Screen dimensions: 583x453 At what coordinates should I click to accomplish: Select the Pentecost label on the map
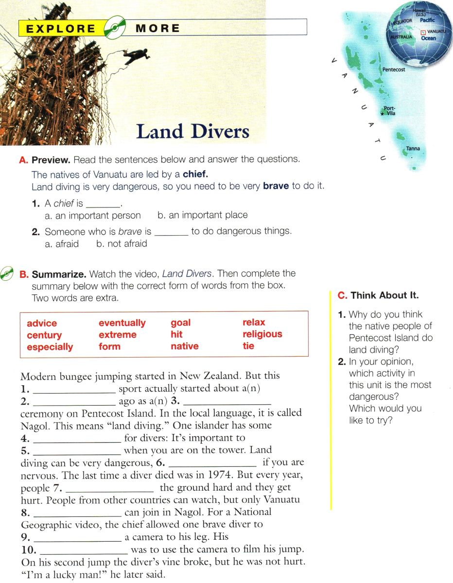click(393, 69)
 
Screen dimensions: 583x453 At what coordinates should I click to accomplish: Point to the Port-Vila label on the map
click(390, 111)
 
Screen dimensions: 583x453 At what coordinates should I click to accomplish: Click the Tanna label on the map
click(413, 149)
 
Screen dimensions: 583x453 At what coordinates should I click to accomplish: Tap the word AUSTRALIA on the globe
click(401, 37)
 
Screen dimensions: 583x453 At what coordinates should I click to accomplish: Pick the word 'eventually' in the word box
click(122, 323)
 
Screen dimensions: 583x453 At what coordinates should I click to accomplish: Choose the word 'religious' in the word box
click(262, 334)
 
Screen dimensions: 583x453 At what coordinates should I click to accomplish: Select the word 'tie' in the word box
click(248, 346)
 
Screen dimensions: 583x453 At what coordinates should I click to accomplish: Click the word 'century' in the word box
click(44, 335)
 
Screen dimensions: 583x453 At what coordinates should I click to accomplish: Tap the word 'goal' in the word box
click(180, 323)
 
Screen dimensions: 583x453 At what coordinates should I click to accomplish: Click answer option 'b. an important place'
click(203, 215)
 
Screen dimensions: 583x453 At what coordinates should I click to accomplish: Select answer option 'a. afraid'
click(62, 243)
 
